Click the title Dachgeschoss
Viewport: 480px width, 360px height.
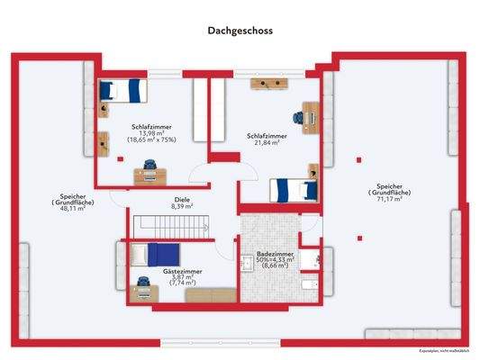[240, 30]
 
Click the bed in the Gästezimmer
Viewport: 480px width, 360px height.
[149, 254]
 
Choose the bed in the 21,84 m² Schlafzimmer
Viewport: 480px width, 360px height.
[294, 190]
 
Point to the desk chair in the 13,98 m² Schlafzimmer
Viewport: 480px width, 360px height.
[149, 166]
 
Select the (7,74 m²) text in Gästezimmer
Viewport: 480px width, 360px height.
[184, 283]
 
